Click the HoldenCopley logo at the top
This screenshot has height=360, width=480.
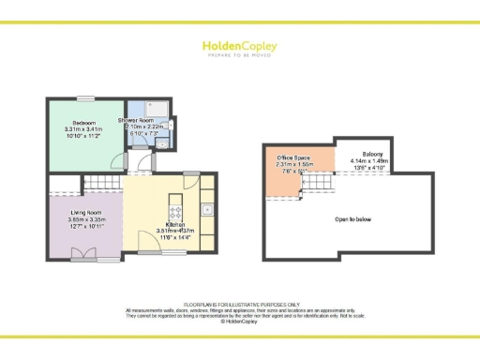click(x=240, y=46)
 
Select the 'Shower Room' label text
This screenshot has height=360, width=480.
click(x=136, y=121)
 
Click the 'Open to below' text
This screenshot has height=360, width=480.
click(x=353, y=219)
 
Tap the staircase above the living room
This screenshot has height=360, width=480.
click(x=99, y=184)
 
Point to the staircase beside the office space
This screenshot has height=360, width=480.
click(x=319, y=188)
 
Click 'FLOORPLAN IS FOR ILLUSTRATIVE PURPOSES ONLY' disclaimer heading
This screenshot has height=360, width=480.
click(x=240, y=306)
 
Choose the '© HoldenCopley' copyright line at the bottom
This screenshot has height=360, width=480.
click(x=240, y=322)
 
